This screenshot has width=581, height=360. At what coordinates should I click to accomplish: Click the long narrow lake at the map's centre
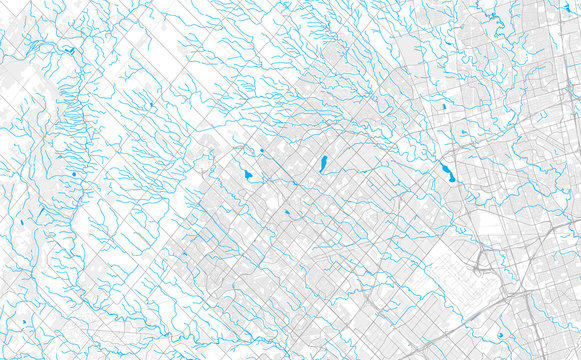(323, 163)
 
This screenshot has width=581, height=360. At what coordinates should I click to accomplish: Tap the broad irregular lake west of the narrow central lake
(248, 175)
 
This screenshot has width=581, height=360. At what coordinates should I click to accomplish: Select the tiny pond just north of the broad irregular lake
(260, 152)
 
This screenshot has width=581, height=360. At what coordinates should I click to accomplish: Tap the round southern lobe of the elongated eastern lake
(451, 180)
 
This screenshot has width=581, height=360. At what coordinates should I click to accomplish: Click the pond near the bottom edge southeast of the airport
(500, 336)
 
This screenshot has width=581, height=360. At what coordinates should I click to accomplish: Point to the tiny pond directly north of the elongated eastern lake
(463, 133)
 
